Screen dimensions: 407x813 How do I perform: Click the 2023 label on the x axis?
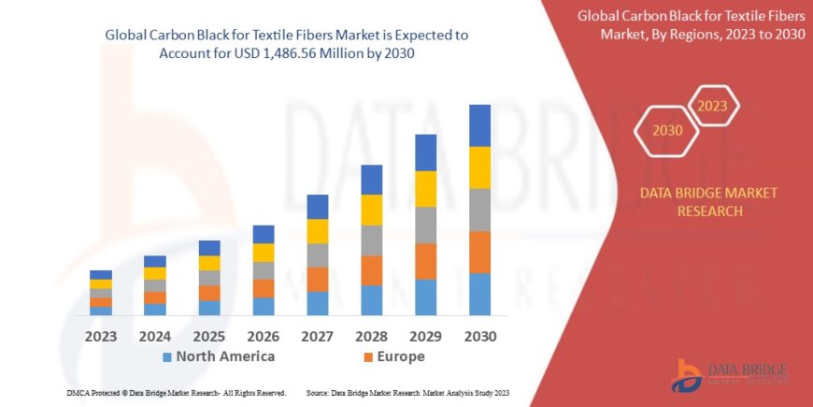click(x=101, y=336)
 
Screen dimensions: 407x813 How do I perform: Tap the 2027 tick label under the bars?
click(x=317, y=336)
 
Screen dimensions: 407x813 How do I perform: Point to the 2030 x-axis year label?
click(x=479, y=336)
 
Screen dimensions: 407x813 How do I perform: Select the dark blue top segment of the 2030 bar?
click(x=479, y=125)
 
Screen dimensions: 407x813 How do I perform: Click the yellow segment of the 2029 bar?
click(x=425, y=189)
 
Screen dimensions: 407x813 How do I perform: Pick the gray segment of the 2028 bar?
click(x=372, y=240)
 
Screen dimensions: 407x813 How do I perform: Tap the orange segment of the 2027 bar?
click(x=318, y=279)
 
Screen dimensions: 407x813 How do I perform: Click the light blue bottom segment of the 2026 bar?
click(x=264, y=306)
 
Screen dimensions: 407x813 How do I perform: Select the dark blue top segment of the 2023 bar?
click(x=101, y=274)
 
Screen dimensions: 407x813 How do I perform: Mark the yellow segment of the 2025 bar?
click(x=209, y=263)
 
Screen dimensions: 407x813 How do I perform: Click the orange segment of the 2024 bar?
click(x=155, y=298)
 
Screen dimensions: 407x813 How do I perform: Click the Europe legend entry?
click(x=401, y=356)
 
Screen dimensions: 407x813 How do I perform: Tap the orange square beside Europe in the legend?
click(x=368, y=357)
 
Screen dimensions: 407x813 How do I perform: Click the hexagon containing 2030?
click(x=666, y=131)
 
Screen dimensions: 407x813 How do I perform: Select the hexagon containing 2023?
click(x=713, y=105)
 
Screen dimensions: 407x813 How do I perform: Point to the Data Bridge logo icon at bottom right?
click(x=688, y=374)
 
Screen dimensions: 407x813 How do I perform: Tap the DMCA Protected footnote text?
click(x=176, y=393)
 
